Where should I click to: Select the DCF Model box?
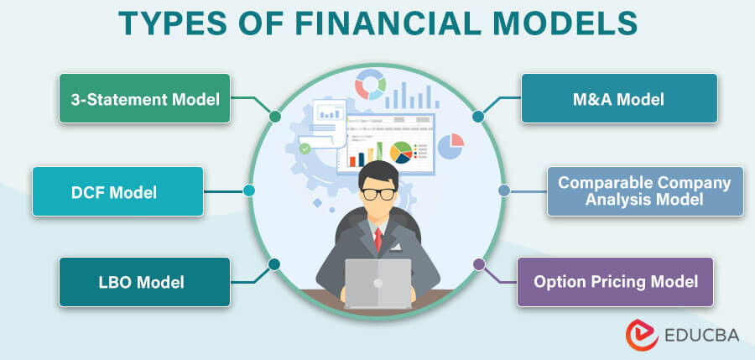(118, 192)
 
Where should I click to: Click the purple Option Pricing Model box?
(616, 281)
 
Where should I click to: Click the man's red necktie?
(377, 240)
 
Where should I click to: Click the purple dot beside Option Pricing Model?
(479, 264)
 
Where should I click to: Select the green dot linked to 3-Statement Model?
(275, 116)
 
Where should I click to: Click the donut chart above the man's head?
(369, 84)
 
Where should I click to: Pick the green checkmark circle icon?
(305, 148)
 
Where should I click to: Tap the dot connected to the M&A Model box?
(479, 116)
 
